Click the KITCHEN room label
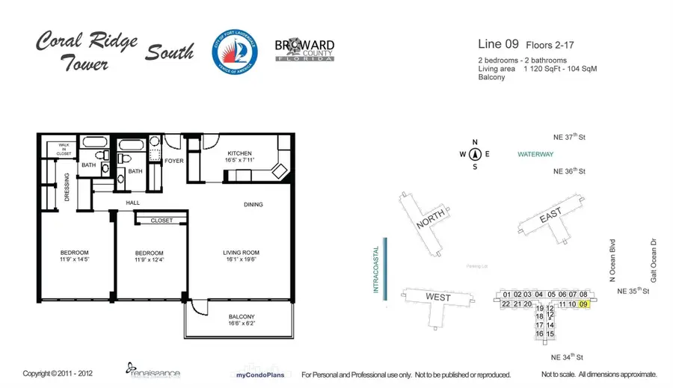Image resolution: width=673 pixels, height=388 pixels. [240, 155]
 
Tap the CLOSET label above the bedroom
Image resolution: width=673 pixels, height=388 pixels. [161, 221]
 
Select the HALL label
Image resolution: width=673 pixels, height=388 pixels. [133, 203]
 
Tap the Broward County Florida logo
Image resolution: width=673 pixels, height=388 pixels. [305, 51]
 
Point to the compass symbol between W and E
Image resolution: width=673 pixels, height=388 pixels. [474, 155]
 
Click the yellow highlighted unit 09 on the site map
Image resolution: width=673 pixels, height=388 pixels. [584, 304]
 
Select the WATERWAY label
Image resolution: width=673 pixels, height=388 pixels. [535, 155]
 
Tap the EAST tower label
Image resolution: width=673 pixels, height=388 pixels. [550, 216]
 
